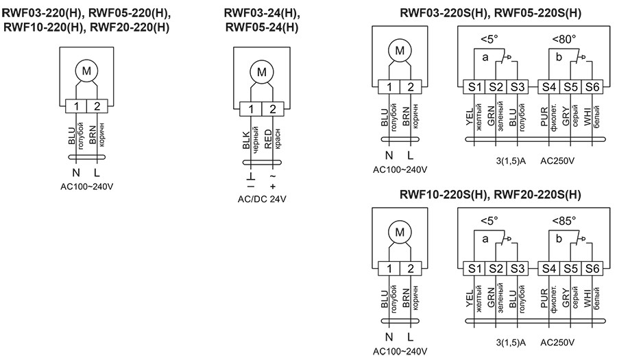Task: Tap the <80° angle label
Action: click(564, 39)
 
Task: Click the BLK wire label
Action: click(247, 140)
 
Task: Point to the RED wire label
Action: click(268, 140)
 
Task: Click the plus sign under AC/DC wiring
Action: click(273, 187)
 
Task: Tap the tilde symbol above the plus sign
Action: click(273, 177)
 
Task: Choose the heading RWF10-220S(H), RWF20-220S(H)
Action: click(490, 195)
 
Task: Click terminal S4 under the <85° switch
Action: click(548, 267)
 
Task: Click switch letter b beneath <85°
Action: click(559, 239)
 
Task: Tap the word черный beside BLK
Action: click(256, 140)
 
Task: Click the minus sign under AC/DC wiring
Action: click(251, 187)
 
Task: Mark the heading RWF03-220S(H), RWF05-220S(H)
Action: click(490, 13)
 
